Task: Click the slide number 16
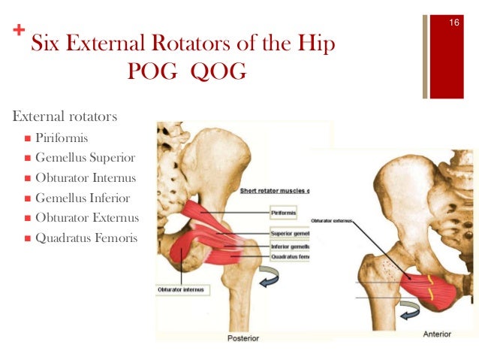pos(453,23)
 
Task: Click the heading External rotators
pos(65,118)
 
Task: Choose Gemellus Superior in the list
pos(85,158)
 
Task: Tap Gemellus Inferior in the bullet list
pos(83,198)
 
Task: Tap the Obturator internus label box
pos(183,289)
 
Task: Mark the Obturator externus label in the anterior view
pos(330,221)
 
